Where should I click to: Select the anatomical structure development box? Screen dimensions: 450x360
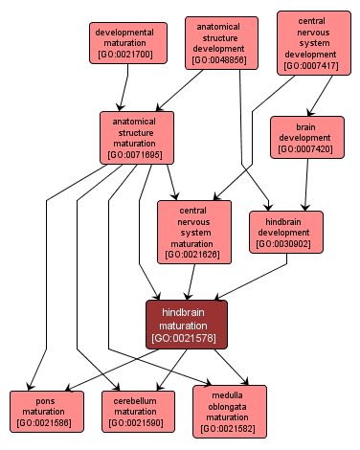221,42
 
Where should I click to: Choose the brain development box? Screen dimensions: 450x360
306,136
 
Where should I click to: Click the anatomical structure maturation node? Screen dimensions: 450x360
137,136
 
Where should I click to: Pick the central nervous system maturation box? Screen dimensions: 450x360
193,231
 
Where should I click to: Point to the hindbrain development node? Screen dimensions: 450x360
286,231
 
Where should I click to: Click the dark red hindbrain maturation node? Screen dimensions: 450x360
186,324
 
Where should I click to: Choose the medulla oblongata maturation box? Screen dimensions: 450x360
229,411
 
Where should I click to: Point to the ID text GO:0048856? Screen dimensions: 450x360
221,60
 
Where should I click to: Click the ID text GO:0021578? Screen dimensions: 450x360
186,337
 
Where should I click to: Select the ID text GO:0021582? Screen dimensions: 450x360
229,429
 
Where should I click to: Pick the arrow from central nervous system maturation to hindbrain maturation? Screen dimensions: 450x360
190,281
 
